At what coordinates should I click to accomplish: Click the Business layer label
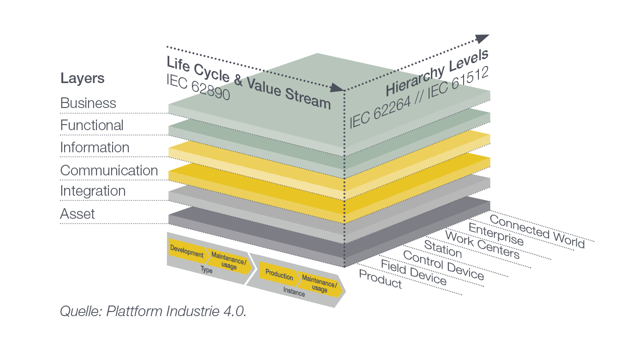click(x=88, y=103)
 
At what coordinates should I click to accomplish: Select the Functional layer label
click(x=92, y=125)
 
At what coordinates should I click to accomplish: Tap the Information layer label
click(x=95, y=148)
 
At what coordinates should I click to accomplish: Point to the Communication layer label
click(x=109, y=170)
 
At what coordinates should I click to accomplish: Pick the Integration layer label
click(x=93, y=191)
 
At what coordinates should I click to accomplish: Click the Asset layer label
click(x=78, y=214)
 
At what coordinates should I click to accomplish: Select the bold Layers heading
click(x=83, y=78)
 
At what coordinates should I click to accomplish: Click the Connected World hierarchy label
click(x=537, y=231)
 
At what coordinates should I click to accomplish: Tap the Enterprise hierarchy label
click(x=496, y=234)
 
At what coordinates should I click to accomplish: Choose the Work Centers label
click(x=482, y=245)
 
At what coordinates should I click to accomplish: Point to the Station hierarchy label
click(x=443, y=250)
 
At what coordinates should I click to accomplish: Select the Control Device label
click(x=443, y=265)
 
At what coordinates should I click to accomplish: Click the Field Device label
click(x=413, y=272)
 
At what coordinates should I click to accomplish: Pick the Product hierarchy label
click(x=380, y=279)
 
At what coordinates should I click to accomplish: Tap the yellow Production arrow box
click(x=279, y=275)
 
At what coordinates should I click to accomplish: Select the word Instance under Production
click(x=294, y=293)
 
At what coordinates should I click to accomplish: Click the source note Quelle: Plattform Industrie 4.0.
click(x=153, y=311)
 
